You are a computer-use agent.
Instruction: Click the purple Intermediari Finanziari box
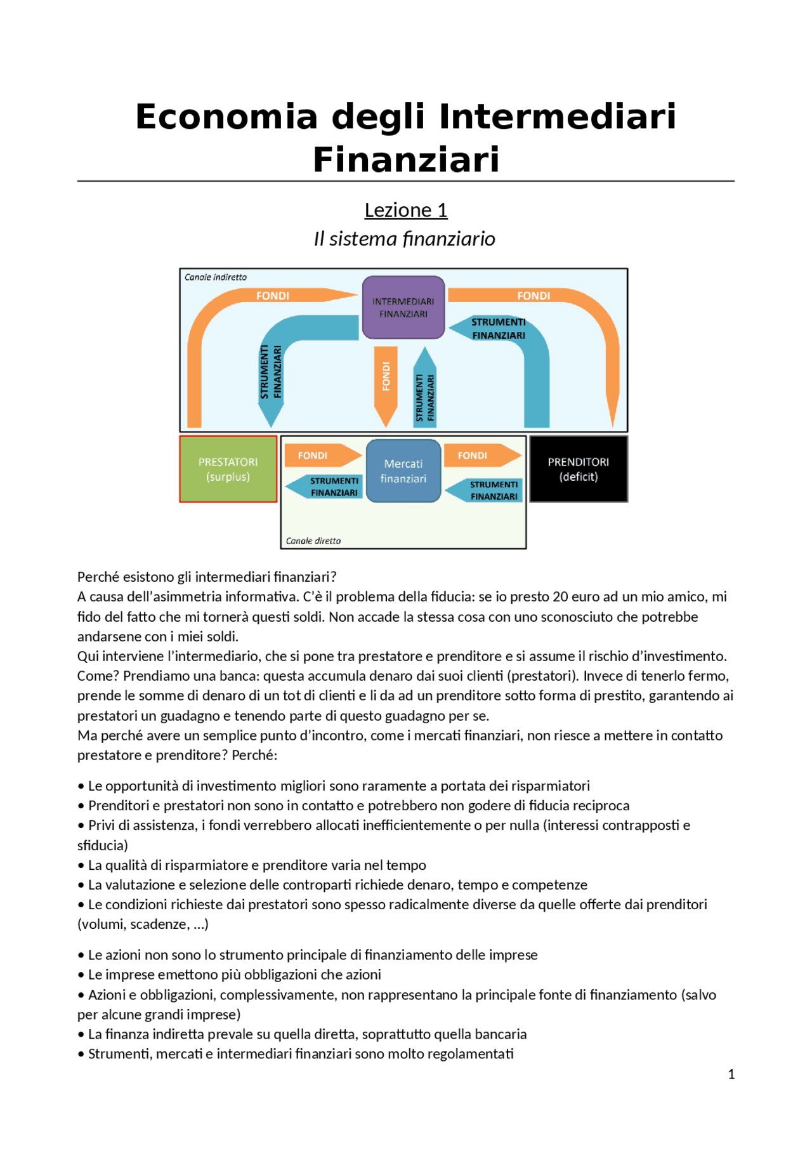tap(403, 308)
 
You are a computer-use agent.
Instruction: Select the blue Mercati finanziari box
tap(403, 471)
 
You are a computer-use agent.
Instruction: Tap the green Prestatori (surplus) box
tap(228, 469)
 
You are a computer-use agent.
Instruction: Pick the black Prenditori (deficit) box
tap(578, 469)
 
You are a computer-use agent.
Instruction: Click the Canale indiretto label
tap(216, 277)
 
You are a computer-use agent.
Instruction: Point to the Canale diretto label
tap(313, 541)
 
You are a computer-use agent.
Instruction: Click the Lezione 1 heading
tap(406, 210)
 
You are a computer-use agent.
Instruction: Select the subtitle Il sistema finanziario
tap(405, 239)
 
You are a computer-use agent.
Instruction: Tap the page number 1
tap(731, 1074)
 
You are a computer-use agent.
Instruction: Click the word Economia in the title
tap(226, 117)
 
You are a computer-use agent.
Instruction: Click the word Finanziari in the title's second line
tap(406, 159)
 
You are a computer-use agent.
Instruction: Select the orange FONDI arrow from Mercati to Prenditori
tap(481, 456)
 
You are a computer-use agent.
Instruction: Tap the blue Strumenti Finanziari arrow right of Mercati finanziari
tap(485, 490)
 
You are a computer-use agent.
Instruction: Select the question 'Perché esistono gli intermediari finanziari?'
tap(207, 577)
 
